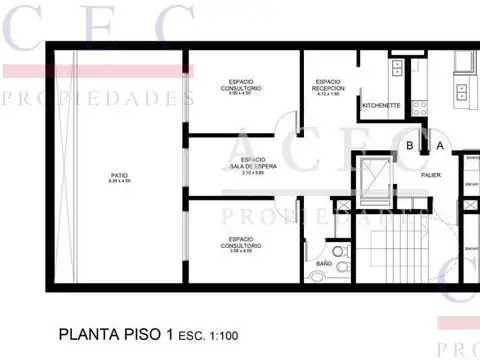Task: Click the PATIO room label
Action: click(x=119, y=175)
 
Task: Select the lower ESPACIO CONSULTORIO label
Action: click(x=244, y=241)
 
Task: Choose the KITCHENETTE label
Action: click(x=381, y=104)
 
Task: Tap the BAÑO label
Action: click(x=324, y=263)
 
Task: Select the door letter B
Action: click(x=410, y=146)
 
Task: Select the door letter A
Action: click(x=439, y=146)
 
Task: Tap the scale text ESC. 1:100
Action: click(x=209, y=335)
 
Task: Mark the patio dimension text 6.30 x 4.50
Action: click(x=119, y=182)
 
